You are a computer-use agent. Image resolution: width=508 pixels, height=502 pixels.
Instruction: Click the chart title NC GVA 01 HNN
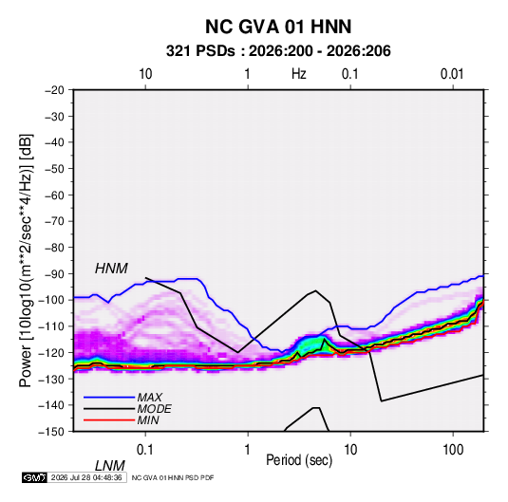click(x=278, y=27)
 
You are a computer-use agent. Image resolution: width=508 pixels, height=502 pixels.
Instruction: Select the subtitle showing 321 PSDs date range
click(x=278, y=51)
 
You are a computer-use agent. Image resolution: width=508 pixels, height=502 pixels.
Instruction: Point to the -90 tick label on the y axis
click(x=55, y=274)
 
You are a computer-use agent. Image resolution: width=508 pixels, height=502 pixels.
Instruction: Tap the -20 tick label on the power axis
click(x=55, y=90)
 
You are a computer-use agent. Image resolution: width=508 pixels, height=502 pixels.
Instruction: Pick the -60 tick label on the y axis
click(x=55, y=195)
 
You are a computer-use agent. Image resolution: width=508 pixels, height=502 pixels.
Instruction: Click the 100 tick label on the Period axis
click(x=453, y=450)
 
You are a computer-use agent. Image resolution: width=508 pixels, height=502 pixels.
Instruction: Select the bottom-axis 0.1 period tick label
click(x=145, y=450)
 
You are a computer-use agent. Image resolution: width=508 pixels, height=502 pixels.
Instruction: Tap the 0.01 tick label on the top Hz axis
click(x=452, y=74)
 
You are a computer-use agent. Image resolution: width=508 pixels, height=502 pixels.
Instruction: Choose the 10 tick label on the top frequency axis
click(x=145, y=74)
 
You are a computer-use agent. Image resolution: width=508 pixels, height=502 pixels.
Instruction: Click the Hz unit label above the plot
click(x=299, y=74)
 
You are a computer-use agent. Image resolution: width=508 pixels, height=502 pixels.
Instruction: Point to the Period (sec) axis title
click(x=299, y=460)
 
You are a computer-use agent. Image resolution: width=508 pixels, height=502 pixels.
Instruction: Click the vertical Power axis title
click(x=26, y=261)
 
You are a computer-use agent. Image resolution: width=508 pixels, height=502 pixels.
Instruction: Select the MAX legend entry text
click(x=150, y=398)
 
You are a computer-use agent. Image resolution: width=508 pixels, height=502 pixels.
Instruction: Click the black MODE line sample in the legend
click(x=109, y=409)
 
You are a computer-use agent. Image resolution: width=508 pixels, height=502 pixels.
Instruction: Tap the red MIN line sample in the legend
click(x=109, y=420)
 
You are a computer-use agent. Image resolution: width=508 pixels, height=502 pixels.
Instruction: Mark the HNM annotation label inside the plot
click(x=111, y=269)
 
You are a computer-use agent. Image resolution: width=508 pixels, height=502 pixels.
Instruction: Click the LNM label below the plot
click(x=110, y=466)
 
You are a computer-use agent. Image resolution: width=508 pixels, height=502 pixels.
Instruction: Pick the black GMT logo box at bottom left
click(x=35, y=477)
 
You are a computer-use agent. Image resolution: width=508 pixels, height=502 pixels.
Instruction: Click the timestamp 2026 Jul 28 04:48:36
click(x=86, y=477)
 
